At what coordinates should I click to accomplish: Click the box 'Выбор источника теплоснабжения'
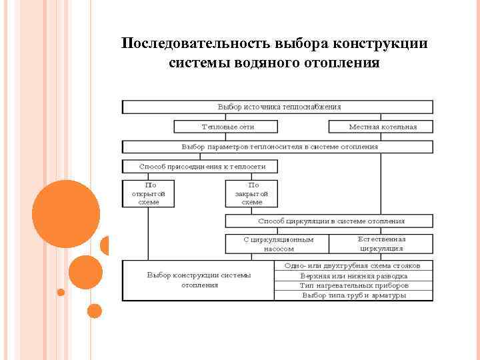point(277,107)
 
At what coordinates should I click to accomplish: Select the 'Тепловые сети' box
point(228,127)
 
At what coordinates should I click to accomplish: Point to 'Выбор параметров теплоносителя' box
point(277,147)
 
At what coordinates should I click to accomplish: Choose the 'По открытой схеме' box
point(148,193)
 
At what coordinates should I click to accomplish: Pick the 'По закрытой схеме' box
point(252,193)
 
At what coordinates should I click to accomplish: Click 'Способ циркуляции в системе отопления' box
point(329,221)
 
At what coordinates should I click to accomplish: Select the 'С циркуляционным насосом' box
point(287,243)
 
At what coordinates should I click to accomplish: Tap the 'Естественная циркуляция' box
point(381,243)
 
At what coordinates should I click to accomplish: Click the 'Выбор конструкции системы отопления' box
point(199,280)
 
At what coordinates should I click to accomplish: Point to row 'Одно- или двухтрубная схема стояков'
point(353,265)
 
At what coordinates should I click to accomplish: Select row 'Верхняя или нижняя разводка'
point(353,275)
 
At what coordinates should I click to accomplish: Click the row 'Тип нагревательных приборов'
point(353,285)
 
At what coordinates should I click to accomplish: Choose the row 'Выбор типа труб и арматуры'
point(353,295)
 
